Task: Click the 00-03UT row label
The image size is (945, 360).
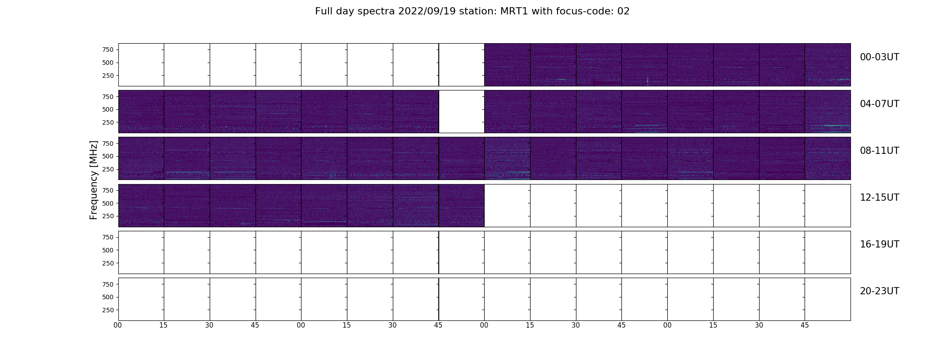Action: tap(879, 57)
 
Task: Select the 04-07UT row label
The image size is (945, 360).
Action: tap(879, 104)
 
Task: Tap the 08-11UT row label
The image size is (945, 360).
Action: tap(879, 151)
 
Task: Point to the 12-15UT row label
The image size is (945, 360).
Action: tap(879, 198)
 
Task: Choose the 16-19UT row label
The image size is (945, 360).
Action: tap(879, 244)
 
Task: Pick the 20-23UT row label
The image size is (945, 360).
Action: tap(879, 291)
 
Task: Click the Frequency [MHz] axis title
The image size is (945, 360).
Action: tap(94, 180)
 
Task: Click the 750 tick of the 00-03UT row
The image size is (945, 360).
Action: tap(108, 49)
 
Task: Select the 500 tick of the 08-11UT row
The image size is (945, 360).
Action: tap(108, 157)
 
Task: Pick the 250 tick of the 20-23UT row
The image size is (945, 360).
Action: tap(108, 310)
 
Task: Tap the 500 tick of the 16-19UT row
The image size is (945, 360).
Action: tap(108, 250)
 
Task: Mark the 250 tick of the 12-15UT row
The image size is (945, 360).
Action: tap(108, 216)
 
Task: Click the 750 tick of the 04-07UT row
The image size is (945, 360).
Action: tap(108, 97)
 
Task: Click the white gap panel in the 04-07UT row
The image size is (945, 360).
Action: tap(462, 112)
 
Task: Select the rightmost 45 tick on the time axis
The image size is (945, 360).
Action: tap(805, 325)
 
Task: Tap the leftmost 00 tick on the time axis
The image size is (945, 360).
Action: tap(118, 325)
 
